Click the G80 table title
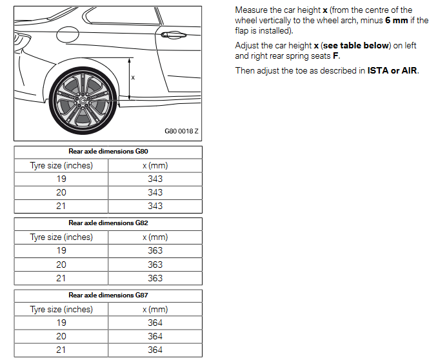(x=108, y=152)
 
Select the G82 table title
(x=108, y=223)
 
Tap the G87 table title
(x=108, y=295)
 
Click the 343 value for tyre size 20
(x=155, y=192)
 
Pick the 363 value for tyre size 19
(x=155, y=250)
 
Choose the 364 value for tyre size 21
(x=155, y=350)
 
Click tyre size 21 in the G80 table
(x=61, y=206)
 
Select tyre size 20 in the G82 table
(x=61, y=265)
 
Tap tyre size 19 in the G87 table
(x=61, y=323)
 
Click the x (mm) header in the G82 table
(x=155, y=237)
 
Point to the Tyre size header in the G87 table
(x=61, y=309)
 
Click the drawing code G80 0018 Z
(x=181, y=132)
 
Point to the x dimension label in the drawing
(x=133, y=78)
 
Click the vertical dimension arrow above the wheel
(x=130, y=78)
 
